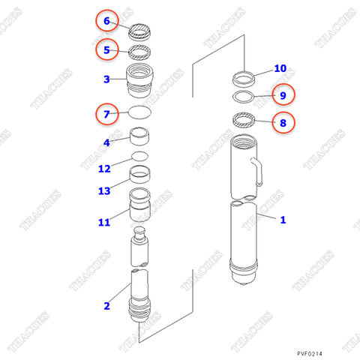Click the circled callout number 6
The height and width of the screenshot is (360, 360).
(106, 21)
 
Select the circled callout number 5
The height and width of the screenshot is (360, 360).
(106, 50)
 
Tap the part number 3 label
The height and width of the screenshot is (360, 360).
(106, 79)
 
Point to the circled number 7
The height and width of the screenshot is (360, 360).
(106, 115)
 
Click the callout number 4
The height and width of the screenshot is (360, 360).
(106, 142)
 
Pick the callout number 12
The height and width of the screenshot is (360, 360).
(104, 168)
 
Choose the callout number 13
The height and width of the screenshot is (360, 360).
(104, 191)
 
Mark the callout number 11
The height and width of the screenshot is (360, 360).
(104, 222)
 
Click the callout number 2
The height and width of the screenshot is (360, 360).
(106, 305)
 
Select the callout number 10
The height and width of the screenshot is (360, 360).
(280, 68)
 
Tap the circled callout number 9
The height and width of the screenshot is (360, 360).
(283, 94)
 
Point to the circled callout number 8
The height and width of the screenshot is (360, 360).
(283, 121)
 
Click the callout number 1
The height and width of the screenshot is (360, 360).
(283, 220)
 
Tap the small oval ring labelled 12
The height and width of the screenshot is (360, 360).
(140, 156)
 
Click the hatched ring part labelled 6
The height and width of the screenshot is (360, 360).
(140, 31)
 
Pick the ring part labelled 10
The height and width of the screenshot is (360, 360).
(244, 76)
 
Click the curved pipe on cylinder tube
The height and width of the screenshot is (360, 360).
(256, 171)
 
